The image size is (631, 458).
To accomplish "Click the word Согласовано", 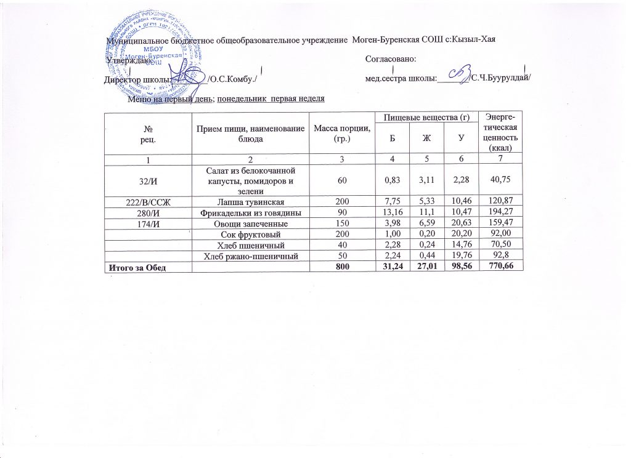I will (391, 59).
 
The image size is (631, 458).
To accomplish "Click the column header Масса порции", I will (341, 132).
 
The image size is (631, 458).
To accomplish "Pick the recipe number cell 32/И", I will (148, 179).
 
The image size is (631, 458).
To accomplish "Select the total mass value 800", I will (341, 266).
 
